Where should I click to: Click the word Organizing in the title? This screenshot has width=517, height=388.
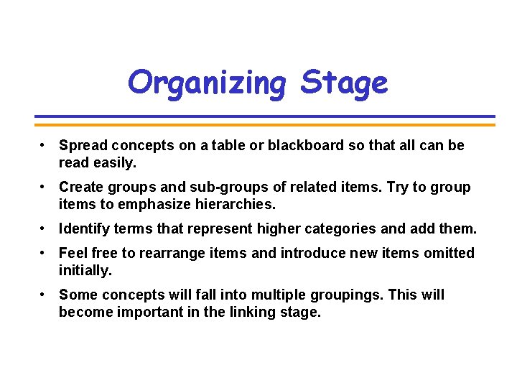[206, 83]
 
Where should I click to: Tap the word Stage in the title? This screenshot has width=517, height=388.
[344, 83]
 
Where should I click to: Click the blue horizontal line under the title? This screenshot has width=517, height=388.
[265, 116]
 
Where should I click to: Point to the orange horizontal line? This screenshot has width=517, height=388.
[265, 124]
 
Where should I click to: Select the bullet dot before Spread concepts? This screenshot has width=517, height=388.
[44, 145]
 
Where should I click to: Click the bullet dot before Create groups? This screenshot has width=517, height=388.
[44, 187]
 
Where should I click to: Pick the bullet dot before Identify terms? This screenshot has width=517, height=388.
[44, 228]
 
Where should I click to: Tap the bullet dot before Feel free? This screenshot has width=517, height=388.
[44, 253]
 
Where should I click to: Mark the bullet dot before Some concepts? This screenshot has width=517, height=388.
[44, 295]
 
